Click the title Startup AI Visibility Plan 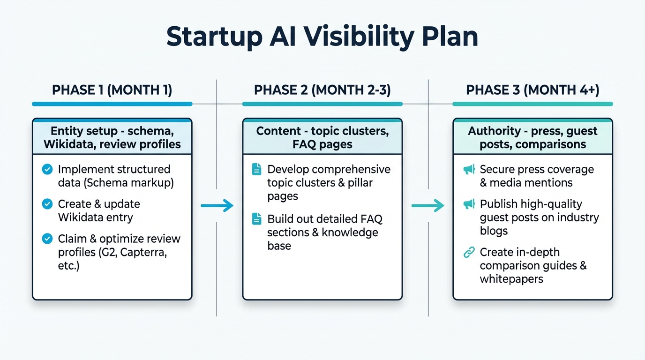[x=322, y=37]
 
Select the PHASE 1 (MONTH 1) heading [x=112, y=90]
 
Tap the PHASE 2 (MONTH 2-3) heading [x=322, y=90]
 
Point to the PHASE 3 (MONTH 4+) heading [x=532, y=90]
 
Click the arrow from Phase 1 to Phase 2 [x=217, y=205]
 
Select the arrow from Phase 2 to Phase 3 [x=427, y=205]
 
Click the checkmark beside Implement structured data [x=47, y=169]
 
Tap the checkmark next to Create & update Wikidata [x=47, y=204]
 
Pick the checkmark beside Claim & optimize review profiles [x=47, y=239]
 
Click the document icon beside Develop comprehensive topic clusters [x=257, y=169]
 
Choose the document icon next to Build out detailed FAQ [x=257, y=219]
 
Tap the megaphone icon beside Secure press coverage [x=469, y=169]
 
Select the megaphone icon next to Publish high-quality [x=469, y=204]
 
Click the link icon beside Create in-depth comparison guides [x=469, y=253]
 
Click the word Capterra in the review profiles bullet [x=145, y=253]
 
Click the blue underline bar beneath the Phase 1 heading [x=112, y=104]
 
